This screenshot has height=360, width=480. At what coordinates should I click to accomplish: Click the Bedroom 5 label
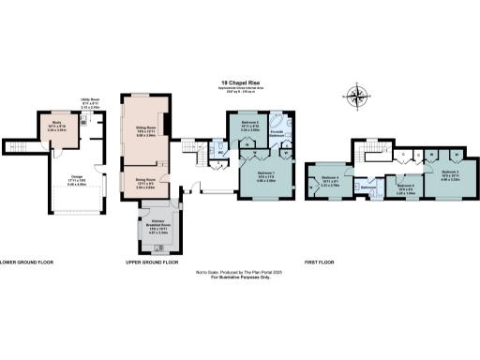pyautogui.click(x=404, y=187)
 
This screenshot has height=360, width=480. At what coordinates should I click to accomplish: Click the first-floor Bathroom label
pyautogui.click(x=368, y=187)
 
